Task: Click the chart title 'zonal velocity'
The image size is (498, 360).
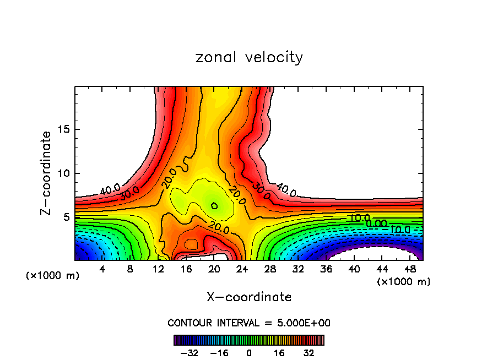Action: tap(249, 57)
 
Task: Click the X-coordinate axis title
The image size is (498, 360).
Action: tap(249, 297)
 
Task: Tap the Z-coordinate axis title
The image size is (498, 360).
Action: tap(47, 173)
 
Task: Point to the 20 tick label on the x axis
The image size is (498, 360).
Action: tap(214, 269)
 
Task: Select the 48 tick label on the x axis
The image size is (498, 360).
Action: tap(410, 269)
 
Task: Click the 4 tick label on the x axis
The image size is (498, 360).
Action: tap(102, 269)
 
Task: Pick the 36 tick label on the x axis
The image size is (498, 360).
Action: tap(326, 269)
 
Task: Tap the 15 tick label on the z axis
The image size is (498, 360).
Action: tap(64, 130)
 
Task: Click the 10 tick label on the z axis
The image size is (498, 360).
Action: tap(64, 173)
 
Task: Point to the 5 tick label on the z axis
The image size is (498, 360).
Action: tap(67, 217)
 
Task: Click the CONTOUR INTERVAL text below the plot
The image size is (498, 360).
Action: tap(249, 323)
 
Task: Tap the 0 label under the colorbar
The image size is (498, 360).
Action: tap(249, 353)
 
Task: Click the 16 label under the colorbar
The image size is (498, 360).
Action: tap(279, 353)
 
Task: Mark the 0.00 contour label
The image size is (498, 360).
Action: tap(377, 223)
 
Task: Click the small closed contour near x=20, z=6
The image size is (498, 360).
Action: tap(214, 205)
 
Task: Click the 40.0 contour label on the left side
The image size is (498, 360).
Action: tap(110, 190)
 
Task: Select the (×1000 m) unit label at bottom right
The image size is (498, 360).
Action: tap(404, 282)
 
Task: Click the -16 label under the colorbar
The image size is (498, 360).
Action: tap(219, 353)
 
